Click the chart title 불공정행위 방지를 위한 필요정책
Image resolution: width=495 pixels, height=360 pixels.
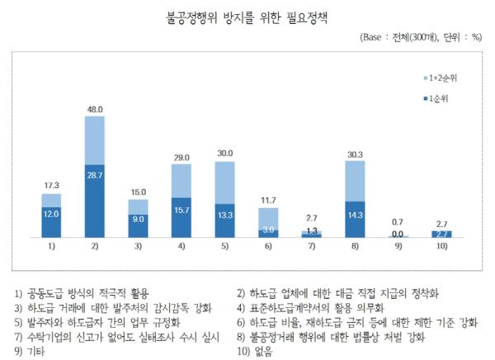pyautogui.click(x=247, y=17)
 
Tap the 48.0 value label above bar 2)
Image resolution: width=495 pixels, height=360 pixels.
pyautogui.click(x=95, y=109)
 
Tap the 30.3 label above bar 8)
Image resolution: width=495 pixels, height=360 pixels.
pyautogui.click(x=356, y=154)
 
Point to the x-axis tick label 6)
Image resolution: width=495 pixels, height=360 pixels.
pyautogui.click(x=268, y=247)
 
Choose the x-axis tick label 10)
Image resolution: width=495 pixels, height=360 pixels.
pyautogui.click(x=442, y=247)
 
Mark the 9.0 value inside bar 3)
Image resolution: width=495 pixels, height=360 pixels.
pyautogui.click(x=138, y=219)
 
